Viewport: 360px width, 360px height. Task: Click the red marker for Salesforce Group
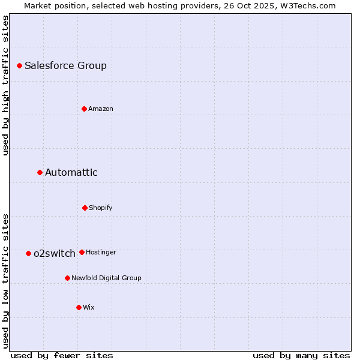[19, 65]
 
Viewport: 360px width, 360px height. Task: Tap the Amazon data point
[84, 109]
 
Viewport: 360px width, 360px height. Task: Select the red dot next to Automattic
[40, 172]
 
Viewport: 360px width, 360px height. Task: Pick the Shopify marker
[85, 208]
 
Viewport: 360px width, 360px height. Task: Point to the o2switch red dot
[28, 253]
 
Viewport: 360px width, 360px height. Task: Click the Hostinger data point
[82, 252]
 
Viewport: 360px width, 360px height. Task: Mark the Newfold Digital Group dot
[67, 278]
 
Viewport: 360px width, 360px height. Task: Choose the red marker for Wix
[79, 307]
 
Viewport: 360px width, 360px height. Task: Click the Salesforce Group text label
[65, 66]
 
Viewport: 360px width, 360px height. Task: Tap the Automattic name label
[71, 173]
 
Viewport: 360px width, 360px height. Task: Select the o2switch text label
[54, 254]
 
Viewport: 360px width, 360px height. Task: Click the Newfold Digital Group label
[106, 278]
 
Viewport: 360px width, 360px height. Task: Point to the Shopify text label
[100, 208]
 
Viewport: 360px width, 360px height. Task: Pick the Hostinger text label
[101, 252]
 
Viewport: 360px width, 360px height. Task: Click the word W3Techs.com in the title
[306, 5]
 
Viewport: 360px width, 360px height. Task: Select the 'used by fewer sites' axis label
[62, 355]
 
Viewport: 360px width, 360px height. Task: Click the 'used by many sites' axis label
[301, 355]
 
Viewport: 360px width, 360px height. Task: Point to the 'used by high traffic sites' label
[5, 85]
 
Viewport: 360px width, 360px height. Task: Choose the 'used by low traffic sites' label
[5, 280]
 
